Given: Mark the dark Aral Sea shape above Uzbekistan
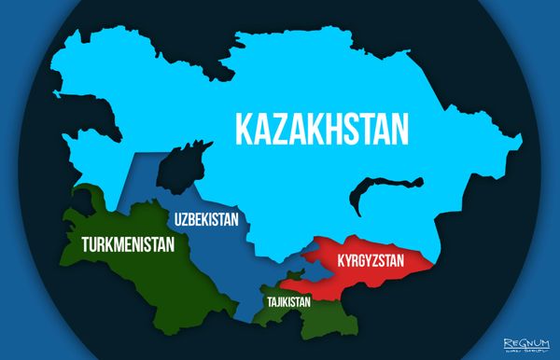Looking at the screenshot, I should tap(181, 164).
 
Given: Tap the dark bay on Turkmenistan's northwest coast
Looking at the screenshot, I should tap(87, 201).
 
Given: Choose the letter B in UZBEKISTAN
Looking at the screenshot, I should tap(192, 221).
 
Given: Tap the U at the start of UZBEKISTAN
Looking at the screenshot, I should tap(173, 221).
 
